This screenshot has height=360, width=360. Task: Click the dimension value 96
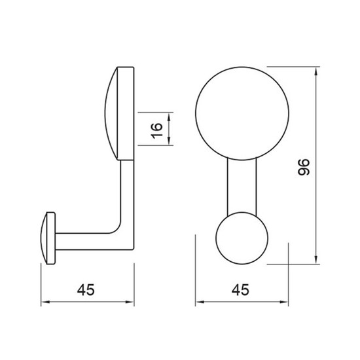pos(304,167)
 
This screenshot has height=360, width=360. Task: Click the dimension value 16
pos(157,131)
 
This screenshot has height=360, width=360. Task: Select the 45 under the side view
pos(86,290)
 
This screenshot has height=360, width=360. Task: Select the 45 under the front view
pos(240,290)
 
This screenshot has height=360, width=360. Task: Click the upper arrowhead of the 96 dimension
pos(316,71)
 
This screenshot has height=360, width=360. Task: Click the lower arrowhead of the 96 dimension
pos(316,260)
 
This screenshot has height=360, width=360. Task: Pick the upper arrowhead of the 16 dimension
pos(169,117)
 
